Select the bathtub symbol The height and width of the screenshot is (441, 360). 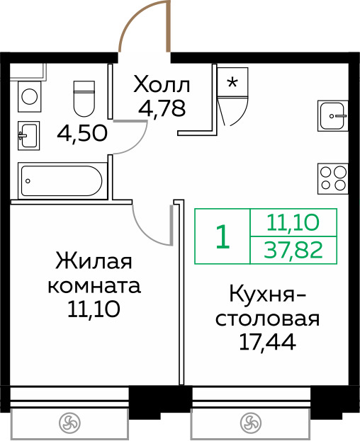click(x=62, y=181)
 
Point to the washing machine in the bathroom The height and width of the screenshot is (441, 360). click(x=29, y=96)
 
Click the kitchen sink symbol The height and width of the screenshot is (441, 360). click(x=333, y=114)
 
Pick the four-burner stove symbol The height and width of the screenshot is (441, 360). click(x=333, y=177)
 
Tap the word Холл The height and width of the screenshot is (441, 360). click(x=162, y=86)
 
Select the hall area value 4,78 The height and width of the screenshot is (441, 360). click(x=162, y=110)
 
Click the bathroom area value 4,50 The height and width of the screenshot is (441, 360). click(x=82, y=132)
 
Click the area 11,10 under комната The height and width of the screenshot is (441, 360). click(x=94, y=309)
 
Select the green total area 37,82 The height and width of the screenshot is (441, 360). click(x=293, y=250)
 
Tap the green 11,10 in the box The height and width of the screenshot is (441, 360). click(x=293, y=223)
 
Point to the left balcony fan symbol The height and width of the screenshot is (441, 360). click(x=69, y=423)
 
